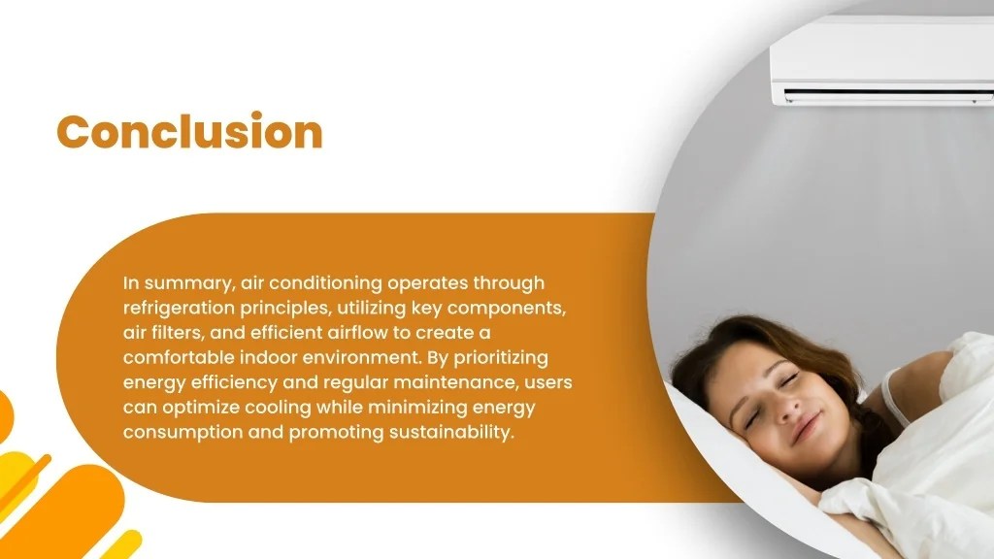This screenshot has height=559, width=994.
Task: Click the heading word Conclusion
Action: (x=189, y=131)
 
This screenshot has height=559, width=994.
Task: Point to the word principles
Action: (x=282, y=308)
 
